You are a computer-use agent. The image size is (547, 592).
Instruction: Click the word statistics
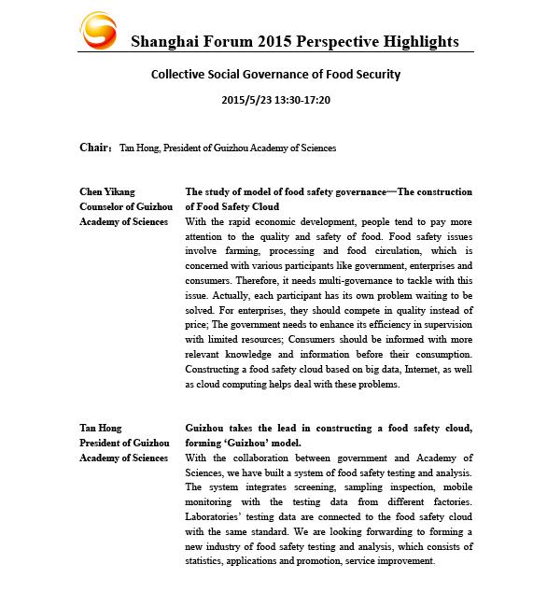(211, 561)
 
